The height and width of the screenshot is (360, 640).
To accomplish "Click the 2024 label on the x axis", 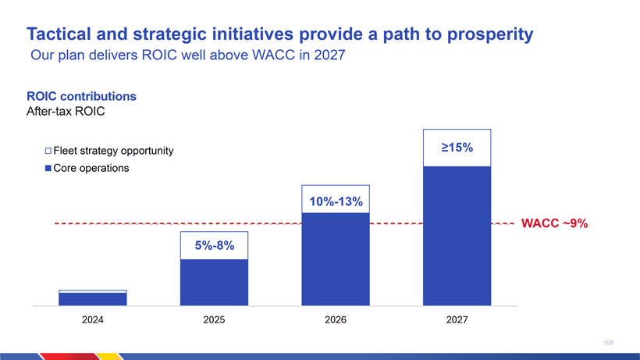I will click(x=93, y=320).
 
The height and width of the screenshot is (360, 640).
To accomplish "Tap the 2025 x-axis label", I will click(x=214, y=320).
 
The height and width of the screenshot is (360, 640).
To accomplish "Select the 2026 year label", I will click(x=335, y=320).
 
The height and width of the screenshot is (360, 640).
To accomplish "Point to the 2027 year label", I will click(x=457, y=320).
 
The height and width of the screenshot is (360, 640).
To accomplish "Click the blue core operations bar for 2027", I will click(x=457, y=234).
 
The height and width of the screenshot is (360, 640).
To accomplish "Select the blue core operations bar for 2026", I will click(x=335, y=258).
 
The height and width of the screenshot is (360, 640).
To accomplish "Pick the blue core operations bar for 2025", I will click(x=214, y=281).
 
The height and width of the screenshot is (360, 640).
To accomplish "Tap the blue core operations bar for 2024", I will click(x=93, y=298).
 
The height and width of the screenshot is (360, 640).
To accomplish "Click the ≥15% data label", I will click(x=457, y=148).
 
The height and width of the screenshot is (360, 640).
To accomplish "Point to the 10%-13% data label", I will click(x=336, y=202).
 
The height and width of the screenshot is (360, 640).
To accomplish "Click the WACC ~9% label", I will click(x=554, y=224).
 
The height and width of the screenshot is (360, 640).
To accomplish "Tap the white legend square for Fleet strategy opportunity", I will click(x=48, y=151).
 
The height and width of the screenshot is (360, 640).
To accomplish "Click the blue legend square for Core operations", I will click(x=48, y=168).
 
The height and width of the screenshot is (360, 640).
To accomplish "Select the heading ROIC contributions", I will click(x=82, y=97).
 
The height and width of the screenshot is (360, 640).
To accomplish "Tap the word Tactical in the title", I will click(x=61, y=34).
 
